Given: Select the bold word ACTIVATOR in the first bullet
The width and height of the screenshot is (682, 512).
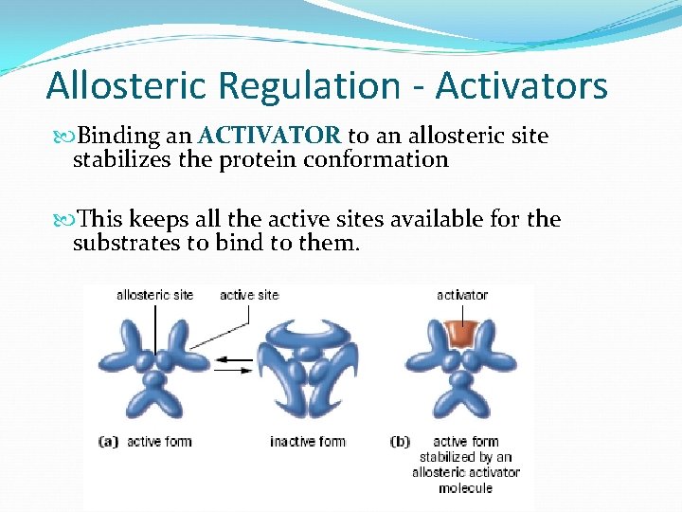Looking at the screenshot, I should click(x=271, y=137).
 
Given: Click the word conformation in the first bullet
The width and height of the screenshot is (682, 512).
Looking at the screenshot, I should click(x=376, y=159).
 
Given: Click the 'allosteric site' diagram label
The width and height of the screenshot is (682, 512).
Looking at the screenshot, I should click(x=154, y=295).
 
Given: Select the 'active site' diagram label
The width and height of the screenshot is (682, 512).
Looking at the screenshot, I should click(x=249, y=295).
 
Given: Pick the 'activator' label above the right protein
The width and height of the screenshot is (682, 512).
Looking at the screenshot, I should click(x=462, y=295).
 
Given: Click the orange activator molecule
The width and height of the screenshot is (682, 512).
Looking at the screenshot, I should click(x=461, y=334).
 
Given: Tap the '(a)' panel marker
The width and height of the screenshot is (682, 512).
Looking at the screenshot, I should click(x=109, y=441).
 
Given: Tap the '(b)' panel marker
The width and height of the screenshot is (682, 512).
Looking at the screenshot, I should click(x=401, y=441).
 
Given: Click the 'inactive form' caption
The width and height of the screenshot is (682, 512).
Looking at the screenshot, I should click(x=308, y=441).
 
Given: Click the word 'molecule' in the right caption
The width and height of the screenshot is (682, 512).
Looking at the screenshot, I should click(x=465, y=487).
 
